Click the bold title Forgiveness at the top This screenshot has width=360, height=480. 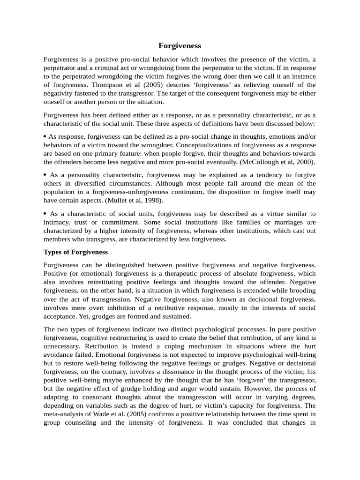180,45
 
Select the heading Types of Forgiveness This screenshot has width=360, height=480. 75,252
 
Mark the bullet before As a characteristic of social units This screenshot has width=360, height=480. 45,213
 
